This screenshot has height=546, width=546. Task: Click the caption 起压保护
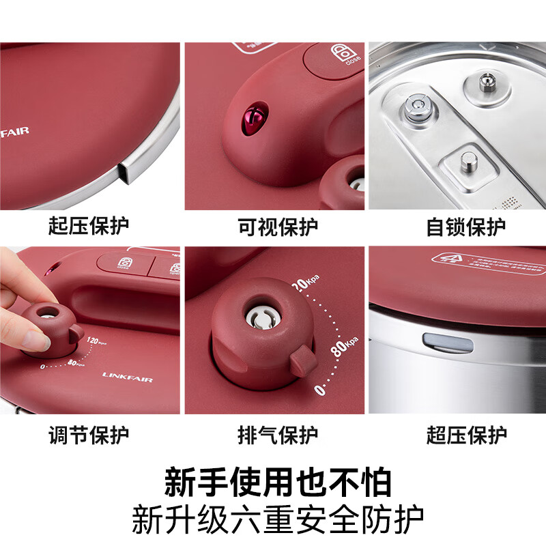(x=89, y=226)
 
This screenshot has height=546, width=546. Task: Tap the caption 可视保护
(x=278, y=226)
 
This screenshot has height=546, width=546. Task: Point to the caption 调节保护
(x=89, y=434)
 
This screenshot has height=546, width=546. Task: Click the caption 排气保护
(x=278, y=434)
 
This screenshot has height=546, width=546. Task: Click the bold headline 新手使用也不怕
(x=278, y=482)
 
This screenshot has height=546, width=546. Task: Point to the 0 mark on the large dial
(x=317, y=390)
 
